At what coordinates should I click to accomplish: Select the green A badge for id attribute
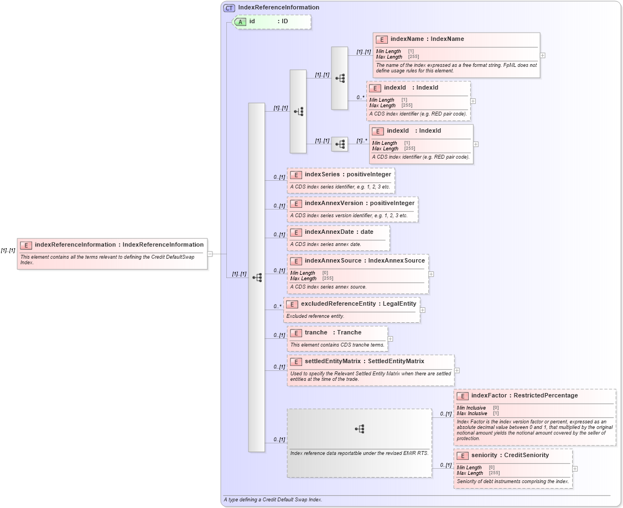[240, 22]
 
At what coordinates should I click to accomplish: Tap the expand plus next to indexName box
[543, 55]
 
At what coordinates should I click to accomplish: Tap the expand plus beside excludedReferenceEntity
[423, 310]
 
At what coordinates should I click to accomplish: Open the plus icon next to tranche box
[391, 339]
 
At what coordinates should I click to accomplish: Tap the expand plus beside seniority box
[575, 469]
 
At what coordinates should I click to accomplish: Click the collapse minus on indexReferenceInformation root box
[210, 254]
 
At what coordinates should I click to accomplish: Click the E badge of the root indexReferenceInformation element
[26, 245]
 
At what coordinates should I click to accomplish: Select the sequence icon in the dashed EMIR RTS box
[359, 428]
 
